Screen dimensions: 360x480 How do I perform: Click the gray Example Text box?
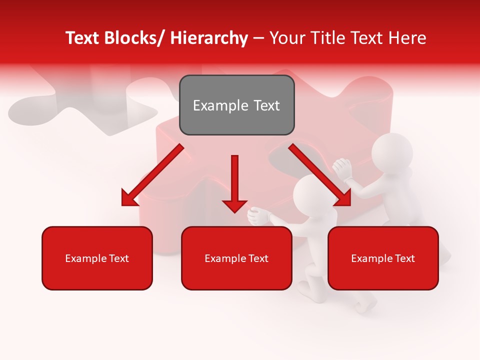(236, 105)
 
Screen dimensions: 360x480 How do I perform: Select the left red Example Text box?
(97, 258)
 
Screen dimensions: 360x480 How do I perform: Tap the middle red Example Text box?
(236, 258)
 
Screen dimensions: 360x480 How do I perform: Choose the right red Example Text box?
(383, 258)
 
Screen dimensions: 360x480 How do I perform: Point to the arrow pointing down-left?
(152, 175)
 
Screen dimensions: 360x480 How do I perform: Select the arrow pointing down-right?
(320, 175)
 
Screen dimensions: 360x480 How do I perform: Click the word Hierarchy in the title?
(209, 38)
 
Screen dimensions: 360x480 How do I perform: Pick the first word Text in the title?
(82, 38)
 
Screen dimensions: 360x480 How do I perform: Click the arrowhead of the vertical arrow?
(234, 205)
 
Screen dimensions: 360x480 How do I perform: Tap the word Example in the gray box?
(214, 105)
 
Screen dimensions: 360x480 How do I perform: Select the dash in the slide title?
(258, 38)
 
